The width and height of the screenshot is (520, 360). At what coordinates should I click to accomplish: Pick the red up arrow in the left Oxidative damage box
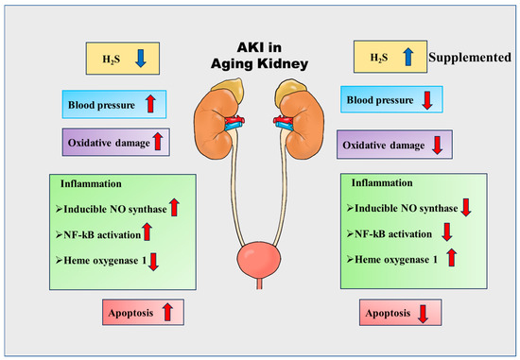[x=158, y=141]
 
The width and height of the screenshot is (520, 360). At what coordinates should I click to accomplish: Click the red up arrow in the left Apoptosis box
[x=166, y=310]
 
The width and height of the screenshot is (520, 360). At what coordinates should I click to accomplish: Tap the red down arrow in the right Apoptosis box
[x=421, y=312]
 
